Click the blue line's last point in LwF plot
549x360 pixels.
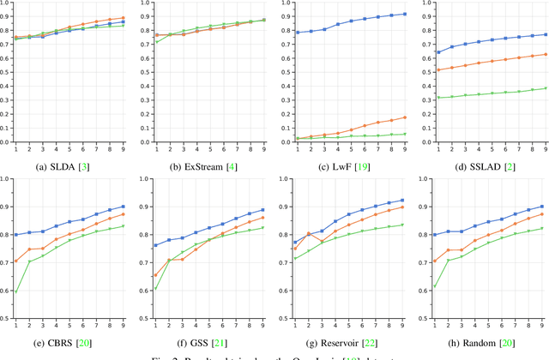[x=405, y=14]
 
